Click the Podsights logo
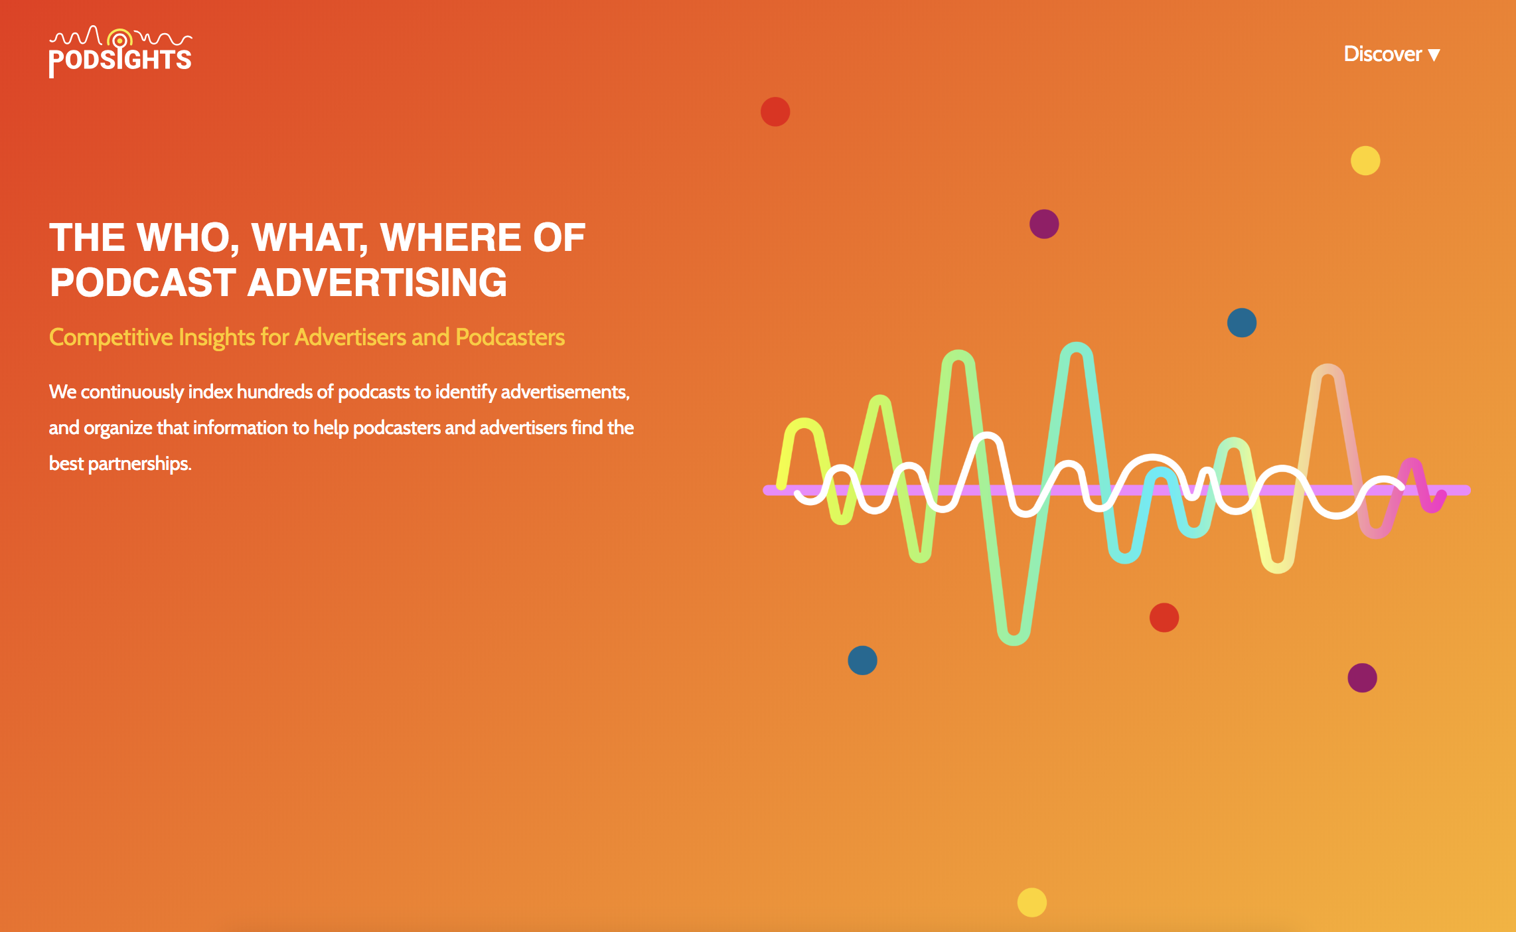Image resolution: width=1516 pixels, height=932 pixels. pos(120,52)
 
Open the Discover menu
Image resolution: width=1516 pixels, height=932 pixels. pos(1391,54)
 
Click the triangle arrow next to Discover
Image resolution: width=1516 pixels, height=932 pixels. pos(1434,55)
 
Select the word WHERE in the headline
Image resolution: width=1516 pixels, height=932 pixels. pos(451,238)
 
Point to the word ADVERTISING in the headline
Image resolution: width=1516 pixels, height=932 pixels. pos(378,283)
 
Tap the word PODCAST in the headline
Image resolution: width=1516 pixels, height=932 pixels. pos(143,283)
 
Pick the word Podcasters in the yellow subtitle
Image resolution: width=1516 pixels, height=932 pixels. pos(510,337)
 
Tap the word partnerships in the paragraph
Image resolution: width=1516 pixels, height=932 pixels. pos(139,463)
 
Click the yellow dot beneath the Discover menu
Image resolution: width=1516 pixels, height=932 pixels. pos(1365,161)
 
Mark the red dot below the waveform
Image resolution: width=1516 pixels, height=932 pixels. pos(1164,617)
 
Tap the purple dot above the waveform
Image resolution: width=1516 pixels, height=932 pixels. pos(1044,224)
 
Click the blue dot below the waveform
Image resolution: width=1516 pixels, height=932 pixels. pos(863,660)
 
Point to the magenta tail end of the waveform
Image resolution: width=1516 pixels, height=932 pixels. pos(1442,495)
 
